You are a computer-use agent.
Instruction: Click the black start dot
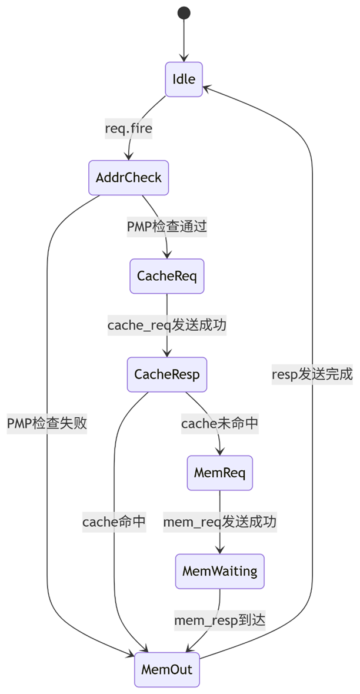coord(184,13)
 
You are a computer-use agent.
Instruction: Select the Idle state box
coord(184,79)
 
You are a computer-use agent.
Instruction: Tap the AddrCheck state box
coord(129,177)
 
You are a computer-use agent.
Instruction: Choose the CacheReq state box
coord(167,275)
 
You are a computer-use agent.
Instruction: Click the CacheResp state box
coord(167,374)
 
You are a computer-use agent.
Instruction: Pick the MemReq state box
coord(220,472)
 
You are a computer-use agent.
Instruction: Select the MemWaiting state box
coord(220,570)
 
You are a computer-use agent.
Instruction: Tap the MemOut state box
coord(167,669)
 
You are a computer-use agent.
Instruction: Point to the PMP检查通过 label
coord(167,226)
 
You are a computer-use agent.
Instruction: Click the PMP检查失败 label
coord(47,423)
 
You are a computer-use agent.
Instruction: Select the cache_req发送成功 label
coord(167,324)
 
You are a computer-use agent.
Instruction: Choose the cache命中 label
coord(114,522)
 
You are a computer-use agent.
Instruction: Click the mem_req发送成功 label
coord(220,522)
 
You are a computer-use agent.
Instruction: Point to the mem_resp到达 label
coord(220,620)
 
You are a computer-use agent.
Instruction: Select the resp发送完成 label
coord(312,374)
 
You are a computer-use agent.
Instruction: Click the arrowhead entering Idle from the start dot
coord(184,58)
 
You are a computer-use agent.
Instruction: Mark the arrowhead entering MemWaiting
coord(220,550)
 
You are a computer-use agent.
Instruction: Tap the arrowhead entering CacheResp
coord(167,353)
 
